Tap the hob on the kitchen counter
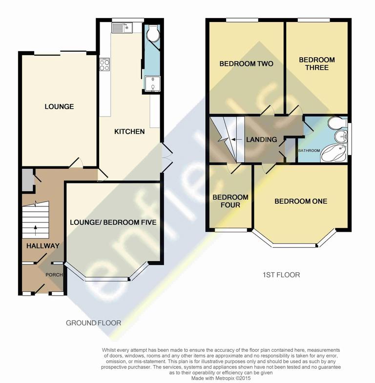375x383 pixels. pyautogui.click(x=104, y=65)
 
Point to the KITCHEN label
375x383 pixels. pyautogui.click(x=129, y=131)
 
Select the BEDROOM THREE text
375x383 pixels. pyautogui.click(x=317, y=63)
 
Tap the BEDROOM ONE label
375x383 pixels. pyautogui.click(x=300, y=201)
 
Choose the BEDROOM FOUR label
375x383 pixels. pyautogui.click(x=230, y=201)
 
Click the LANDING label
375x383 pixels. pyautogui.click(x=261, y=140)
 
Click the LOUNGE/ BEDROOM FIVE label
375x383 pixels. pyautogui.click(x=113, y=222)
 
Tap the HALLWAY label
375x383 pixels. pyautogui.click(x=43, y=246)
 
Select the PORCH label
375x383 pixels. pyautogui.click(x=53, y=275)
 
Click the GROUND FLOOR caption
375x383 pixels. pyautogui.click(x=93, y=323)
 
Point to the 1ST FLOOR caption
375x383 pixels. pyautogui.click(x=280, y=275)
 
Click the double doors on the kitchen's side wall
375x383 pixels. pyautogui.click(x=166, y=157)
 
